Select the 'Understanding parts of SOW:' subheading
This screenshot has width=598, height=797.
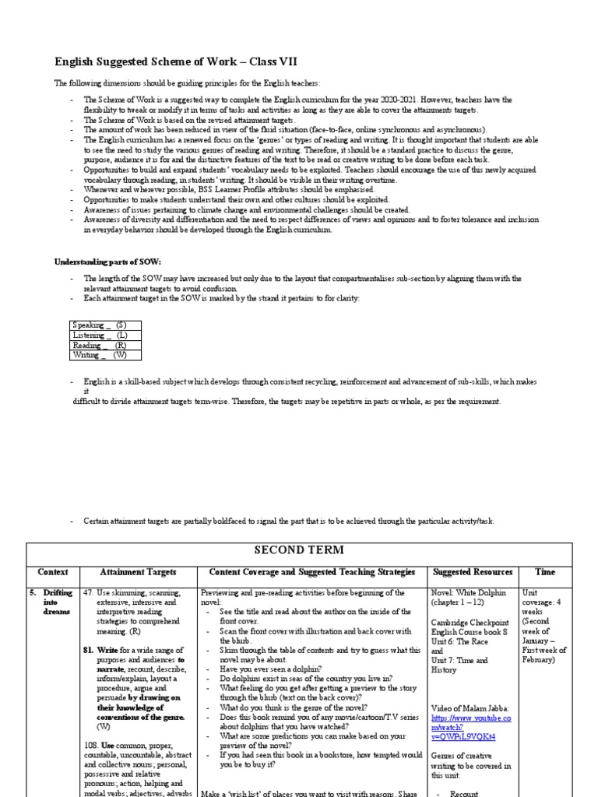pos(107,261)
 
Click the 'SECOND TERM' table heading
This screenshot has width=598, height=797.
pos(299,550)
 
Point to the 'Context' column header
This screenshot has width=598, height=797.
pos(53,572)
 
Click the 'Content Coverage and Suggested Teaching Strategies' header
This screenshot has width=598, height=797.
pos(312,572)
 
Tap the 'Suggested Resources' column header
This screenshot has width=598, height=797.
pos(473,572)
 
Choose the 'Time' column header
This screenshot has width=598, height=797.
pos(545,572)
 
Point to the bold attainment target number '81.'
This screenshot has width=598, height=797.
pos(88,649)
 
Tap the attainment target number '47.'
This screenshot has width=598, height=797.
pos(88,592)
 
